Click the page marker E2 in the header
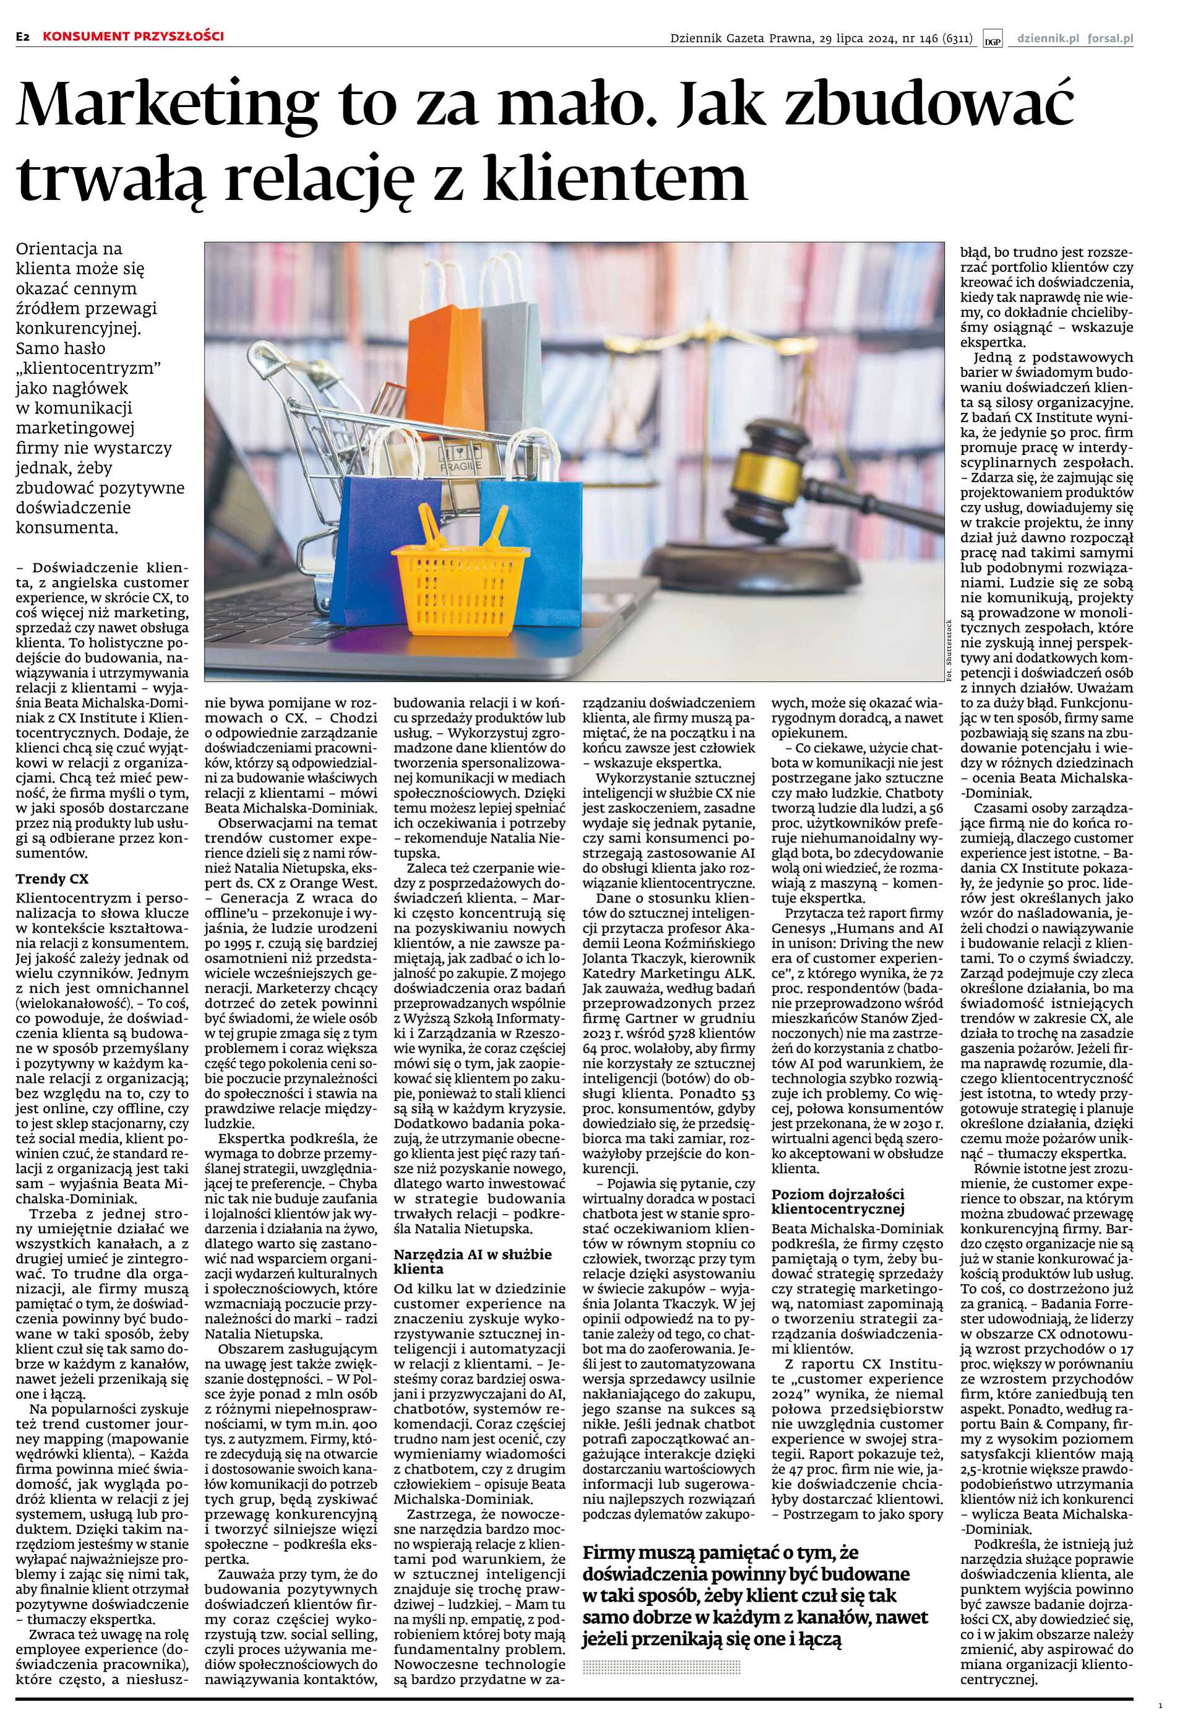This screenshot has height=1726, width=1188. point(24,37)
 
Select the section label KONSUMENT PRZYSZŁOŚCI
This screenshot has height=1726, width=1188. point(132,36)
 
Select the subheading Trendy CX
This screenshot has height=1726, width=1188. point(51,878)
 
